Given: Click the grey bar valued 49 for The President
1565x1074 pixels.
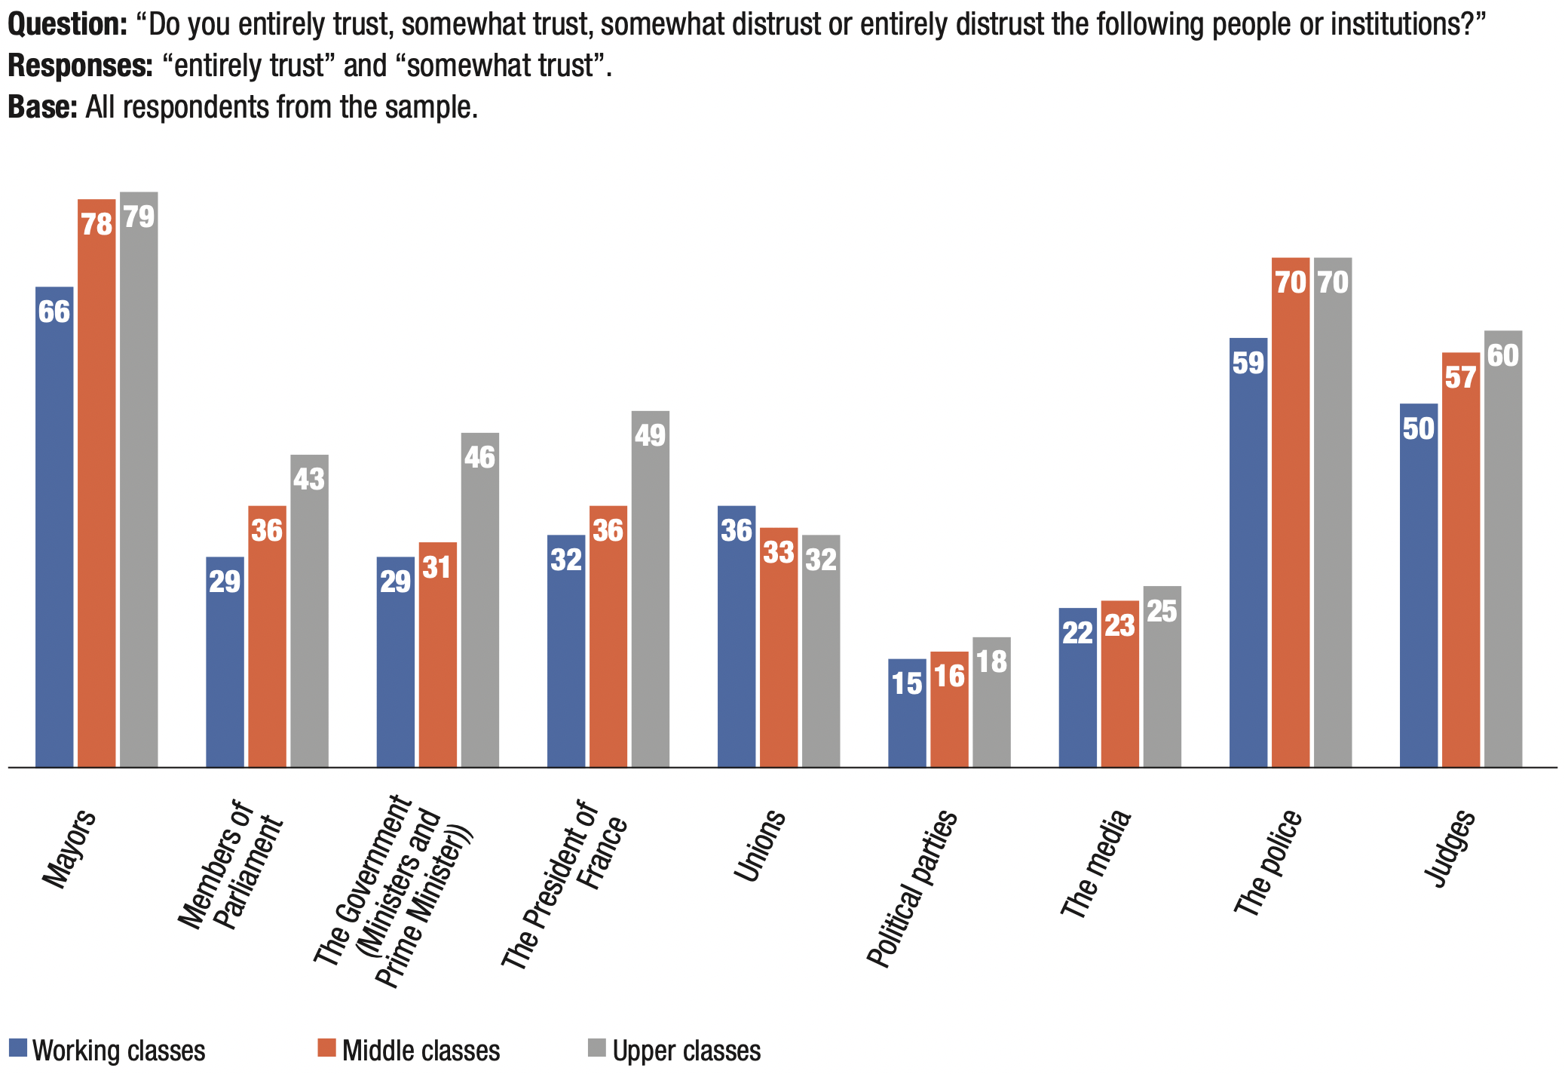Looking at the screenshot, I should pyautogui.click(x=651, y=589).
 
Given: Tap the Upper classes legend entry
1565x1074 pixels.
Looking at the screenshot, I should pyautogui.click(x=675, y=1050).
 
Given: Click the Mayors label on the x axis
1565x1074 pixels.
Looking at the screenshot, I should pyautogui.click(x=69, y=848).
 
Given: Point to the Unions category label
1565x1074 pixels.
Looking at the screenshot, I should pyautogui.click(x=760, y=845).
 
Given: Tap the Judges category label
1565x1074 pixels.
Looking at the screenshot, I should pyautogui.click(x=1449, y=848).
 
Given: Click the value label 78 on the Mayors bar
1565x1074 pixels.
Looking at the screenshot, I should pyautogui.click(x=97, y=225).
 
